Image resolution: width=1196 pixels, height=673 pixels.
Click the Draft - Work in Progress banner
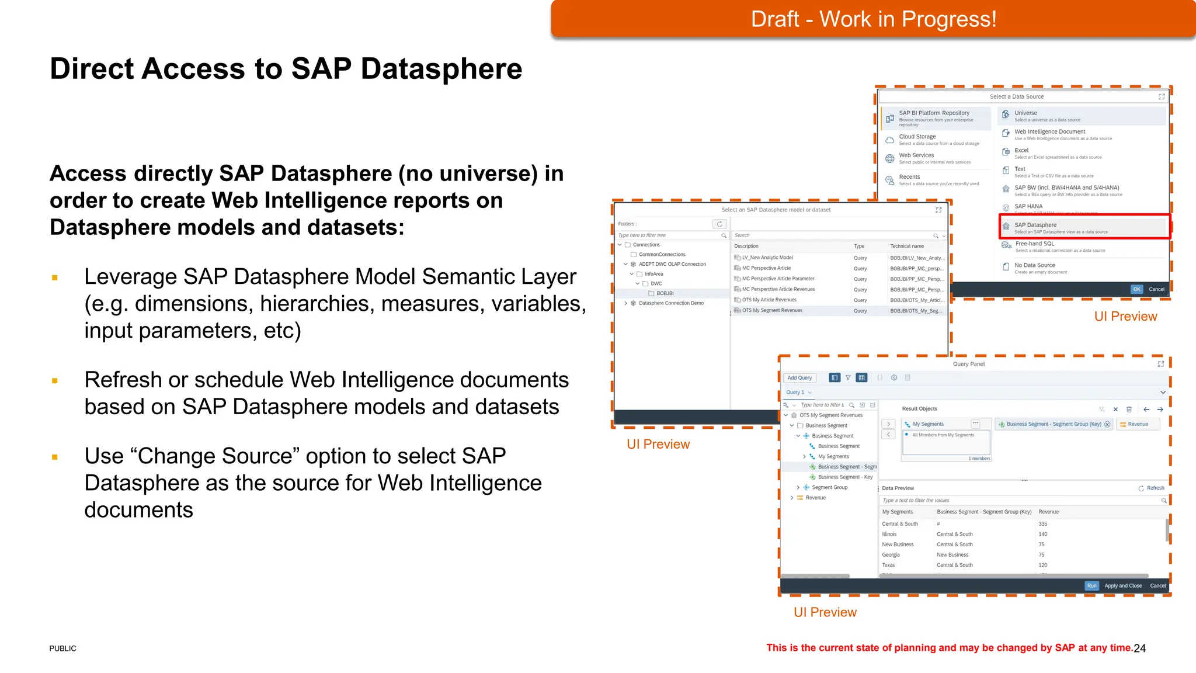(873, 19)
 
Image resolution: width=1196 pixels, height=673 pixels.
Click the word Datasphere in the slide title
(441, 69)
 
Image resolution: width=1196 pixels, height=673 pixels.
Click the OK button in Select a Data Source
(1136, 289)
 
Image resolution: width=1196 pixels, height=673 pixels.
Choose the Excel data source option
(1021, 151)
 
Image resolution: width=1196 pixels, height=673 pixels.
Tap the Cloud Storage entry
(917, 137)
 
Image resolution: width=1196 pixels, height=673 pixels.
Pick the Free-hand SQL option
(1035, 244)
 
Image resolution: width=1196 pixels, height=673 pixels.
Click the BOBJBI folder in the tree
(665, 293)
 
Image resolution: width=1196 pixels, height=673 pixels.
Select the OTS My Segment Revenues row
(772, 311)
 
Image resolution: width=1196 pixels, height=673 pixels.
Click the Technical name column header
(907, 247)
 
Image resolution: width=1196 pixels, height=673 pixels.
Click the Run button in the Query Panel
(1091, 586)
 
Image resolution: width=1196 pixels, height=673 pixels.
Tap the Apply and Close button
(1123, 586)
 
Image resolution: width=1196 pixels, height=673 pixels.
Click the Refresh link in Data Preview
(1155, 488)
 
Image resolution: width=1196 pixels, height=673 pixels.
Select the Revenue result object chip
(1137, 425)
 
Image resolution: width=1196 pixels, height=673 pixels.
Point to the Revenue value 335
(1043, 524)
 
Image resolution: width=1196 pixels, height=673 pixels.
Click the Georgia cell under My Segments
(891, 555)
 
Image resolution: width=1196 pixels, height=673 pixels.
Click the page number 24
(1139, 648)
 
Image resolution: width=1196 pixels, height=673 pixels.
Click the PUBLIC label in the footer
(62, 648)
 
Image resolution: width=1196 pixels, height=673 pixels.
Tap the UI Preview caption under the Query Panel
(825, 612)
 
